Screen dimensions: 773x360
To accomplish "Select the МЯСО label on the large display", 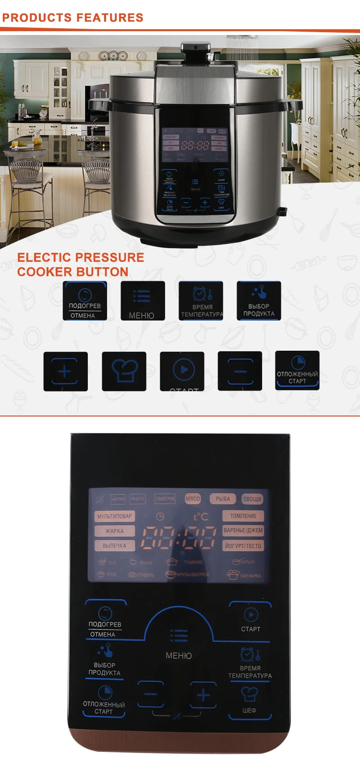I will [192, 499].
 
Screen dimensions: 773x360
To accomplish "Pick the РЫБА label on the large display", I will [223, 499].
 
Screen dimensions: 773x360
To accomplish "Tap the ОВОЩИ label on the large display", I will [252, 499].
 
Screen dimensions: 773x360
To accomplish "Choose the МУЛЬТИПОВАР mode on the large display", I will [115, 516].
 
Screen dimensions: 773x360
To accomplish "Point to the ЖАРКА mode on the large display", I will [115, 531].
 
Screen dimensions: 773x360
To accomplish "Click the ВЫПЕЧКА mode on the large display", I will [115, 546].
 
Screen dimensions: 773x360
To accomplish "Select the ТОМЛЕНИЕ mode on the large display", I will [243, 516].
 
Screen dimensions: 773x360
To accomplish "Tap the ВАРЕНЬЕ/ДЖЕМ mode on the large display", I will [243, 531].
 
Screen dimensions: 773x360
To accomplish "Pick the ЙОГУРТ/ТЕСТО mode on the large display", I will [243, 546].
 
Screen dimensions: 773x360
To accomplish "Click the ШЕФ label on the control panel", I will [249, 710].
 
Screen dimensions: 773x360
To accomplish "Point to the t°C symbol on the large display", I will [201, 516].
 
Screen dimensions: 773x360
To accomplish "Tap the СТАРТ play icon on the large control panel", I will [251, 614].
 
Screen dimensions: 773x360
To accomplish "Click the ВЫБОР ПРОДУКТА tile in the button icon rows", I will [259, 301].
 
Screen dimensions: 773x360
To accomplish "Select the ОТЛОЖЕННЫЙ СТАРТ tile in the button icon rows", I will [297, 370].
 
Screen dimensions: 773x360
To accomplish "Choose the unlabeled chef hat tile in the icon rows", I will [124, 371].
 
